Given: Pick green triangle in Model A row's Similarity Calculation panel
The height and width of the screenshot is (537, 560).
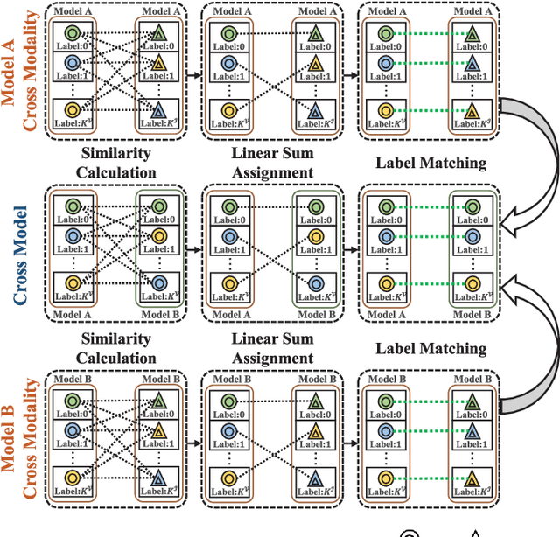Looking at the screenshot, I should point(157,34).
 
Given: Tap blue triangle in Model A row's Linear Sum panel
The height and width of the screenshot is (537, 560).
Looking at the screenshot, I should point(315,110).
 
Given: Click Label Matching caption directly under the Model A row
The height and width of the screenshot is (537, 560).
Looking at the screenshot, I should point(430,163).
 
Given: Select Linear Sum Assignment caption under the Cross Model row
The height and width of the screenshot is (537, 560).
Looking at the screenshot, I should point(272,348).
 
